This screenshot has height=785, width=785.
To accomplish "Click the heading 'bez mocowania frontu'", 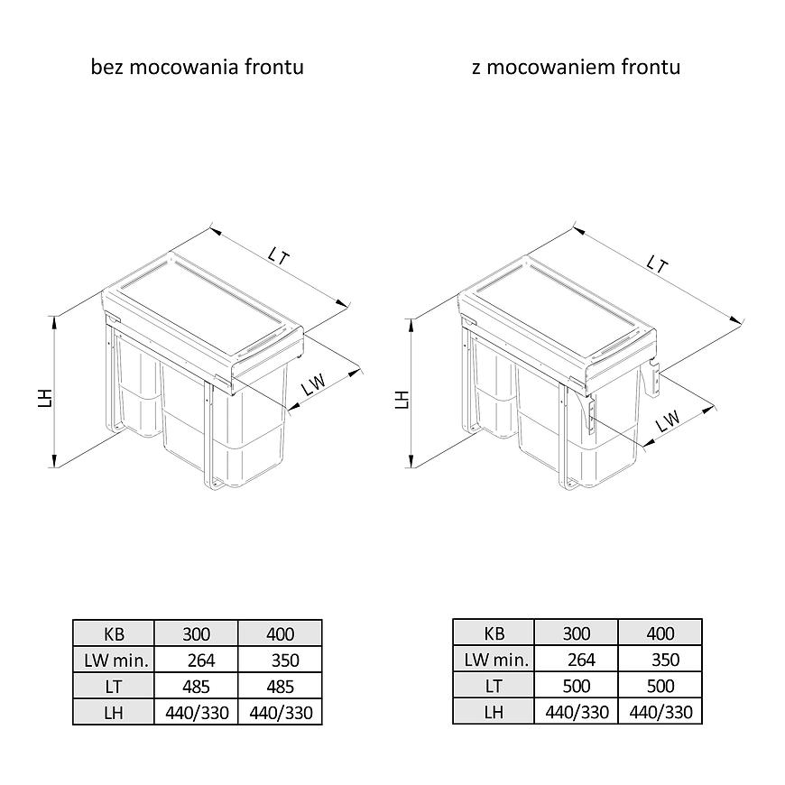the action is pos(198,67).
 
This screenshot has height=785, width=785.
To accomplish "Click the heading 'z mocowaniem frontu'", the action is pos(577,67).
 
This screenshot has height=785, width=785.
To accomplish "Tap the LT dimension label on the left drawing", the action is pos(278,256).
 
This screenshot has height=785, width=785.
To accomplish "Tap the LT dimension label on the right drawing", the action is pos(658,263).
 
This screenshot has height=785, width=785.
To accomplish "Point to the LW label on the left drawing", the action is pos(314,384).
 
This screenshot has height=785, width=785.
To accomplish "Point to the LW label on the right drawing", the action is pos(669,421).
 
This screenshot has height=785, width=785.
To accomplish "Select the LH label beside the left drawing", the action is pos(45,398).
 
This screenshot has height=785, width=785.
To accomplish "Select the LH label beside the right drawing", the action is pos(402,400).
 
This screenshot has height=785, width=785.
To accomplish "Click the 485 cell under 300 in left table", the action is pos(197,687).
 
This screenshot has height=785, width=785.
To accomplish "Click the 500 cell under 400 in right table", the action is pos(660,686).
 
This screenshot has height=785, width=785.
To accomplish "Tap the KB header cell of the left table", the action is pos(114,633).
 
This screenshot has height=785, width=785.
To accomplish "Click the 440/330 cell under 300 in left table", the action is pos(197,712).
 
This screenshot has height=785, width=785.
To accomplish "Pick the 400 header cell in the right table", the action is pos(660,633).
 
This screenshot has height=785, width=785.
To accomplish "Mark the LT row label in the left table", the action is pos(114,687).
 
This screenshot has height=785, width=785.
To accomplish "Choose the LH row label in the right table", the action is pos(494,711).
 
